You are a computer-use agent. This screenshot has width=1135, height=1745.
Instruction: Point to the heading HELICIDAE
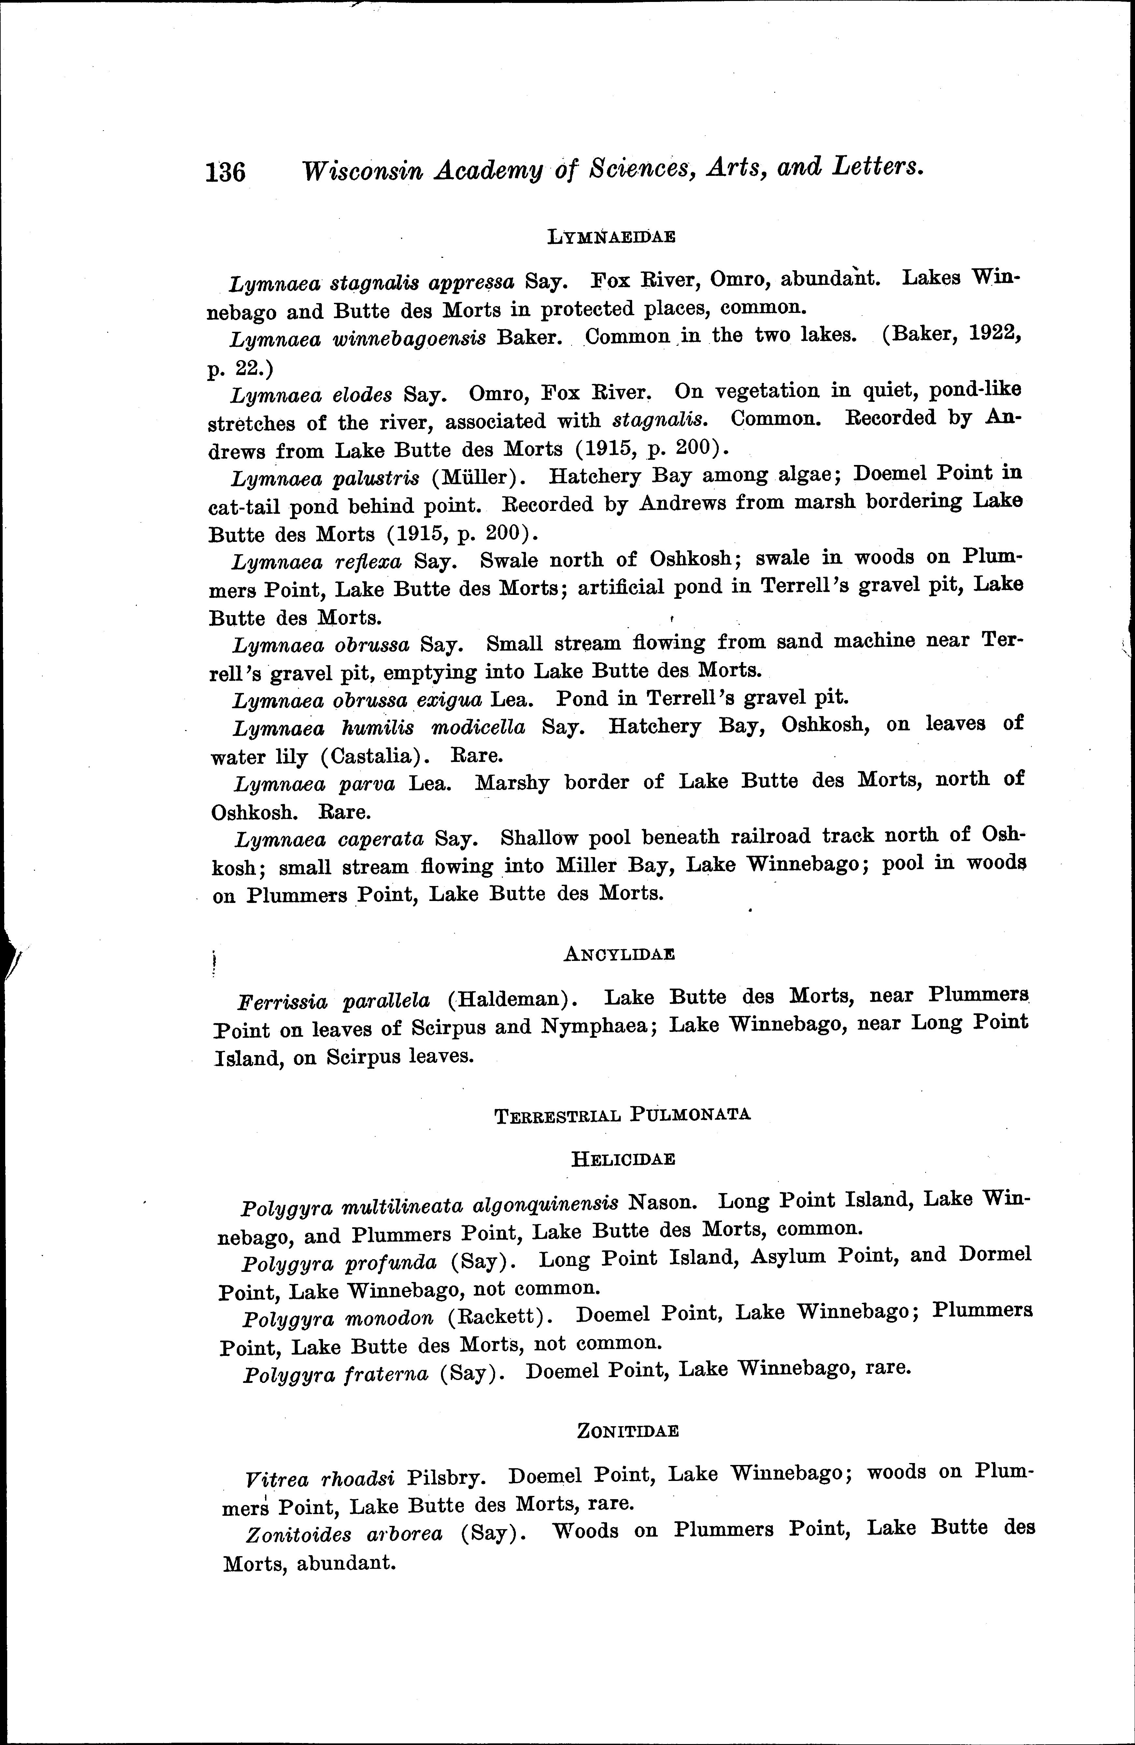coord(622,1159)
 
